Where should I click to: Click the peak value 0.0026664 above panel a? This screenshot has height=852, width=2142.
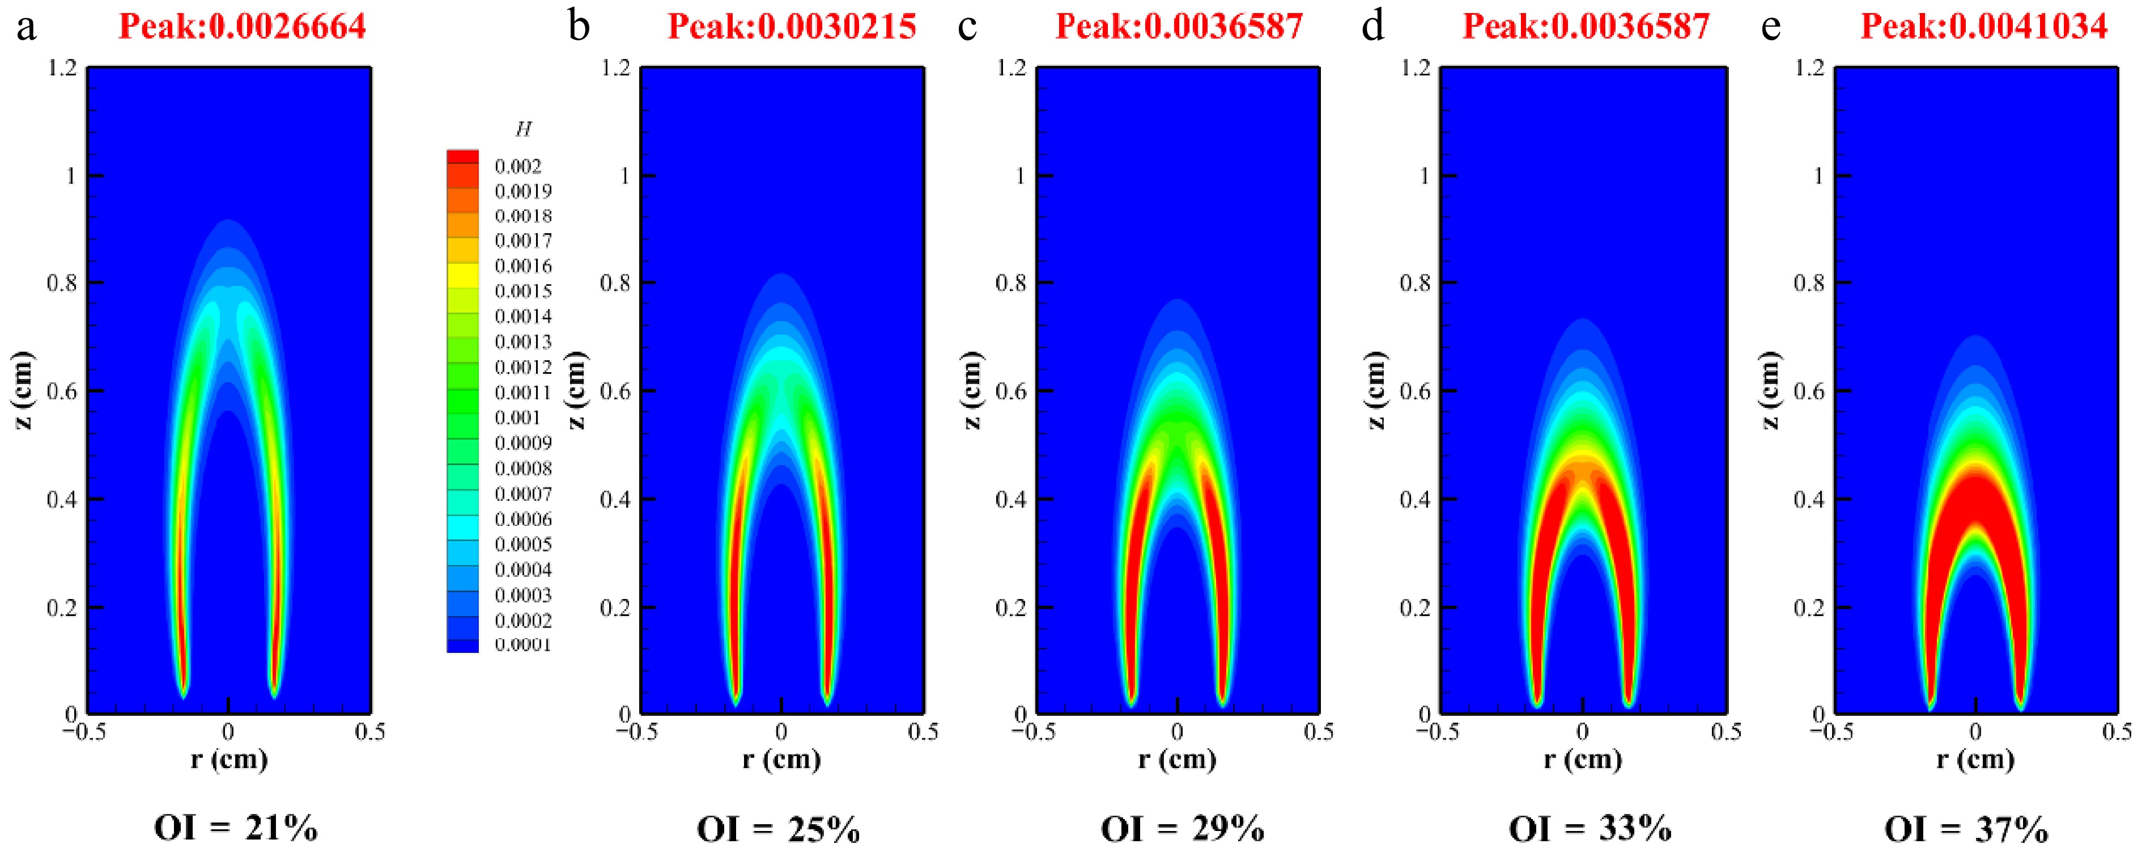click(x=242, y=27)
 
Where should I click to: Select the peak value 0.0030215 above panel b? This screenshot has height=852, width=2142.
click(x=792, y=27)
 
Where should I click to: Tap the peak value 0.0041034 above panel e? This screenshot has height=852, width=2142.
click(x=1984, y=27)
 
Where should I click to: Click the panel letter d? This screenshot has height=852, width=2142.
click(x=1373, y=27)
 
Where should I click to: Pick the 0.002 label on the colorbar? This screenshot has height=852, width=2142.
click(x=517, y=166)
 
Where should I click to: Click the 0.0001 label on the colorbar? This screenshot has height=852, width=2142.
click(x=523, y=645)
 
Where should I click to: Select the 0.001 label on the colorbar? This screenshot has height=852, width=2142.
click(x=517, y=417)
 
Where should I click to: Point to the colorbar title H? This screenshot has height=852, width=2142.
click(x=523, y=129)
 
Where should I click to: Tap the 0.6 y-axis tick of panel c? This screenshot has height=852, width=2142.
click(x=1011, y=391)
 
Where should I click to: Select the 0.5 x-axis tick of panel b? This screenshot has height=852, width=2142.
click(x=923, y=732)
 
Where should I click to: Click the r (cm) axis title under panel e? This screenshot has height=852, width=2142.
click(x=1976, y=759)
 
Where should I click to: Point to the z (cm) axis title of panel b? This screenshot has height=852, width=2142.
click(x=575, y=390)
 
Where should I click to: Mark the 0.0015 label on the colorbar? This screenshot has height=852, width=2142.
click(x=523, y=291)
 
